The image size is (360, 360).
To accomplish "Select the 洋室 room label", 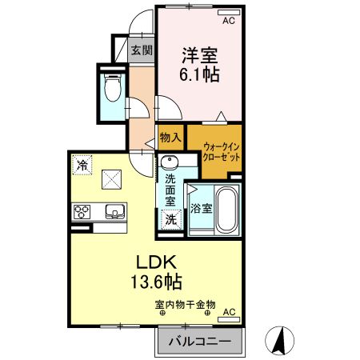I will pyautogui.click(x=200, y=55).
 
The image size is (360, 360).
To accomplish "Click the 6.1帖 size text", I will pyautogui.click(x=200, y=75).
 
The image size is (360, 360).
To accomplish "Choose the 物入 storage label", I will pyautogui.click(x=170, y=138).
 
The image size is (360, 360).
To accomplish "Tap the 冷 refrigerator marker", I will pyautogui.click(x=83, y=166).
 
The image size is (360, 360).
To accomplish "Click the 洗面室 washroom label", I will pyautogui.click(x=170, y=190).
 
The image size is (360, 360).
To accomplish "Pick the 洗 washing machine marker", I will pyautogui.click(x=170, y=218).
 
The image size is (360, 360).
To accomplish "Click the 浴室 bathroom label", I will pyautogui.click(x=201, y=210).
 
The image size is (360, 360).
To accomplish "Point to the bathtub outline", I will pyautogui.click(x=227, y=210).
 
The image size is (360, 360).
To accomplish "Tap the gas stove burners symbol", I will pyautogui.click(x=83, y=213).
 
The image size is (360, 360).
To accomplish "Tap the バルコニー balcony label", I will pyautogui.click(x=198, y=342).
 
